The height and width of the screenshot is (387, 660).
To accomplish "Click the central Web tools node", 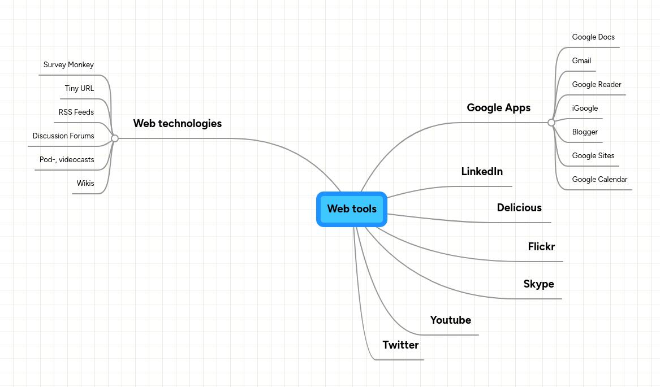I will [351, 209].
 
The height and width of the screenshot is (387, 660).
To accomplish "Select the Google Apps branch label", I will [498, 108].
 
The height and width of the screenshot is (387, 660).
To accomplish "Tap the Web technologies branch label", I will [177, 123].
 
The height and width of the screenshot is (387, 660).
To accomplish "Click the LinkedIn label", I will [482, 172].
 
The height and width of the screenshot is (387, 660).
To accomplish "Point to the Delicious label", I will [519, 208].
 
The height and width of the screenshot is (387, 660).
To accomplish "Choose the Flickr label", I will [541, 247].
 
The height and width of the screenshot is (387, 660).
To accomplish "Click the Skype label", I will [538, 284].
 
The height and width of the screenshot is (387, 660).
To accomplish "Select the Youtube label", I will [450, 320].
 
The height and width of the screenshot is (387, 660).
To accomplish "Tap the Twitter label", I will [400, 345].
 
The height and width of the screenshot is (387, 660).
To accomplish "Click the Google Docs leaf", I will [593, 37].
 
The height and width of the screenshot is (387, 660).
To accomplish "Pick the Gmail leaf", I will [581, 61].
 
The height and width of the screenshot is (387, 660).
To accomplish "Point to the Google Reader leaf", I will [597, 85].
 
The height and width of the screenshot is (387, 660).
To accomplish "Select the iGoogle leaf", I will [585, 108].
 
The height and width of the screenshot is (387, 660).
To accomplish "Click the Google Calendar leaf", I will [599, 180].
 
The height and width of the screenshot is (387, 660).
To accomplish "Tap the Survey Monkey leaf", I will [68, 65].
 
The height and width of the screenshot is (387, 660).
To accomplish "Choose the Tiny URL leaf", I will [79, 89].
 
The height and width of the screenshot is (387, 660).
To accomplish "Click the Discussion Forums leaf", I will [63, 136].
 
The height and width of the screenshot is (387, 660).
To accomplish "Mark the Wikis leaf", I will [85, 184].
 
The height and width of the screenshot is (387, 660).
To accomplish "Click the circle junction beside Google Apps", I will [551, 122].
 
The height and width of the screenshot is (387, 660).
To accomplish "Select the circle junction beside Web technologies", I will [115, 138].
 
